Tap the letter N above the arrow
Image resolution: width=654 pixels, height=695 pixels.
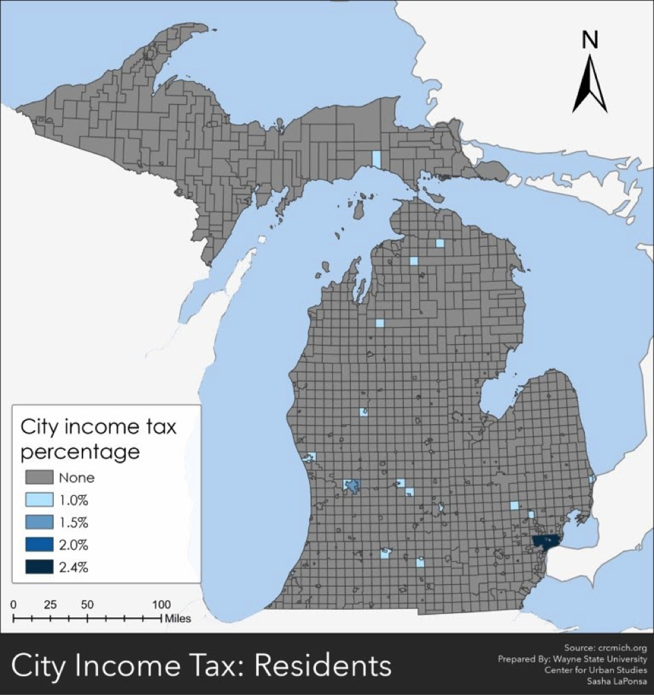click(x=590, y=41)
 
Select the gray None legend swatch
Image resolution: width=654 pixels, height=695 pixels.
click(x=39, y=478)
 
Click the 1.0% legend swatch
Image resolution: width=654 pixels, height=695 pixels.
click(x=39, y=500)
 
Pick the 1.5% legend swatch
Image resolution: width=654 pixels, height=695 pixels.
click(x=39, y=522)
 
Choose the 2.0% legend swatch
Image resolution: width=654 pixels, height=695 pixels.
click(x=39, y=544)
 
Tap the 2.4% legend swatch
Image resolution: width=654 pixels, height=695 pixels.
click(x=39, y=567)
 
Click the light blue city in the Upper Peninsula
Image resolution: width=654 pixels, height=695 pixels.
click(x=376, y=159)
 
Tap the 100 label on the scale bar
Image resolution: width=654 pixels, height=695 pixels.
click(x=161, y=604)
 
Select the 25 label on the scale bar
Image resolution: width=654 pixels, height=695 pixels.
click(x=50, y=604)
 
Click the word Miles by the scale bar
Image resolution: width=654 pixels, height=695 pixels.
click(x=178, y=618)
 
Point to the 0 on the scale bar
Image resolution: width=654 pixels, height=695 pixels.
click(x=14, y=604)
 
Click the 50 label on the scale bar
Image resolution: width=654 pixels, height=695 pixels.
click(x=87, y=604)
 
